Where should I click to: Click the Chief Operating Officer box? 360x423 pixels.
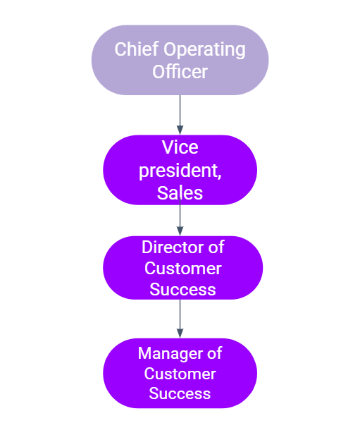click(x=180, y=60)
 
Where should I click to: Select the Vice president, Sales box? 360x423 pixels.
click(x=180, y=170)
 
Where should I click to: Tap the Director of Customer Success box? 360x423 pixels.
click(x=183, y=268)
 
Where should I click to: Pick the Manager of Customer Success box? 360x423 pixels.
click(x=180, y=373)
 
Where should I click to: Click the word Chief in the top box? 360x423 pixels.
click(x=137, y=49)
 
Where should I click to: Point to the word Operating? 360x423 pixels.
click(x=205, y=50)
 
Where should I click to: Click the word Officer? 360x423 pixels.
click(x=180, y=71)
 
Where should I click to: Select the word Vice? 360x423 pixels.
click(x=180, y=147)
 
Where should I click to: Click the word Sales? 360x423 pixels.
click(x=180, y=193)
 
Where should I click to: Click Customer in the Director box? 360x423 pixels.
click(x=183, y=269)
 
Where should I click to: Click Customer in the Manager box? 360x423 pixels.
click(x=180, y=374)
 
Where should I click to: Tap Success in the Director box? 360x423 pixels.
click(x=183, y=290)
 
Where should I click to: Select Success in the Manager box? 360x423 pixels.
click(x=180, y=393)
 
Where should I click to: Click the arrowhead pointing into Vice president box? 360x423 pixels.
click(x=180, y=130)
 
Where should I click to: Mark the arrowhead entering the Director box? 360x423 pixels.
click(x=180, y=231)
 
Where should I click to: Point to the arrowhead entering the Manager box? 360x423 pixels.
click(x=180, y=333)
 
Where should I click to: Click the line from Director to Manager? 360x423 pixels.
click(x=180, y=319)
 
